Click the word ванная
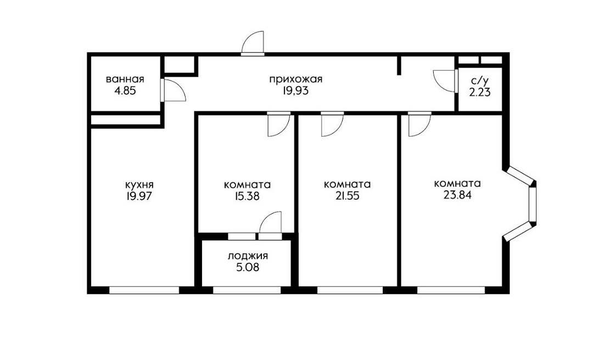point(125,80)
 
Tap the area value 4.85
point(125,91)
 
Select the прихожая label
point(295,80)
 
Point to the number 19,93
point(295,91)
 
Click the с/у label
point(479,81)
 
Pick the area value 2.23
point(479,92)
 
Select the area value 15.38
point(247,196)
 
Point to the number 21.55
point(347,196)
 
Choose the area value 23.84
point(457,195)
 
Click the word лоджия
point(248,256)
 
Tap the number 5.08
point(248,267)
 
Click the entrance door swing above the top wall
point(253,43)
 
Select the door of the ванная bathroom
point(173,90)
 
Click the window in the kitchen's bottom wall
point(144,290)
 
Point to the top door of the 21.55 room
point(332,124)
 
